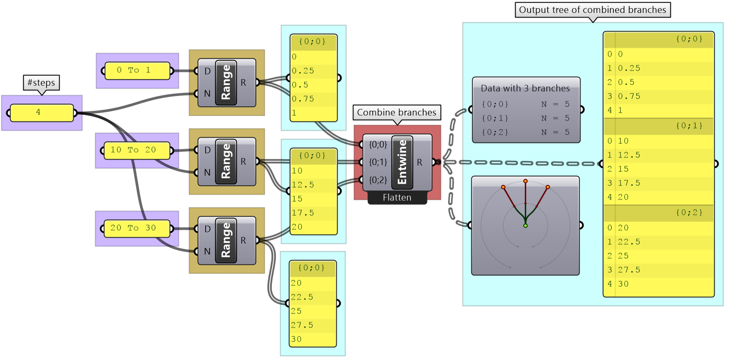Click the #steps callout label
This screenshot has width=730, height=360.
point(41,82)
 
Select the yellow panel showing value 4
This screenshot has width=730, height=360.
point(41,113)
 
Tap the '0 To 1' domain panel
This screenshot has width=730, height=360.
point(136,71)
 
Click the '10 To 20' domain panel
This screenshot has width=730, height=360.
point(136,150)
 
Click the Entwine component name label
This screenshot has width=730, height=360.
point(402,162)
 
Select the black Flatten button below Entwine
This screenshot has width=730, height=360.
point(397,198)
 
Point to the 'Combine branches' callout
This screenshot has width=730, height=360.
point(396,113)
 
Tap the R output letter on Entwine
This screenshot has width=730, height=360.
point(420,162)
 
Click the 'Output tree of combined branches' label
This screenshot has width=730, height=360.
point(592,10)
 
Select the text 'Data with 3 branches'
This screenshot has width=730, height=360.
point(525,88)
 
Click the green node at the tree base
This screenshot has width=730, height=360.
point(525,226)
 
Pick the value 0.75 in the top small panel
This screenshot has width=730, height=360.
point(303,99)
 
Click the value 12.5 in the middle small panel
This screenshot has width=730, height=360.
point(303,185)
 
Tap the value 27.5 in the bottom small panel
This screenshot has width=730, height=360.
point(302,325)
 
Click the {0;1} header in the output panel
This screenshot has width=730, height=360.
point(689,126)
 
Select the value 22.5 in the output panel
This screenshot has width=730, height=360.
point(629,242)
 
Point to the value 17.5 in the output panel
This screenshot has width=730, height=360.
point(629,183)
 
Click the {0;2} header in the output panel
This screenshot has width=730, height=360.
point(689,213)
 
